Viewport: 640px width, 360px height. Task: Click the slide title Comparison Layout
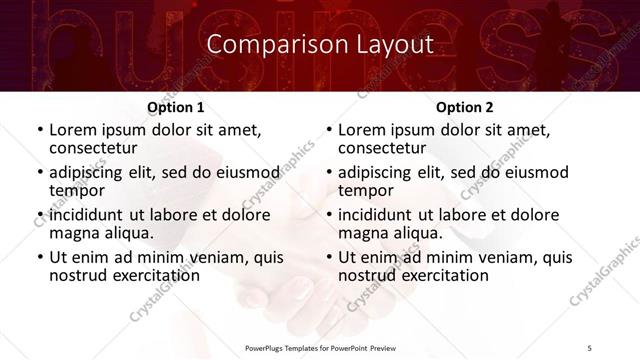[x=319, y=44]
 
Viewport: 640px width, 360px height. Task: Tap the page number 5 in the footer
[x=589, y=347]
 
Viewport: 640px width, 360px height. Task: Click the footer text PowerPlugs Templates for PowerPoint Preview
[x=320, y=347]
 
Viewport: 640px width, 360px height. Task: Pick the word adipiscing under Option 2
[x=381, y=172]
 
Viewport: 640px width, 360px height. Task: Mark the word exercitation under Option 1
[x=149, y=274]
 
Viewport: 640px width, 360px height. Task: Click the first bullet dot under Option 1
[x=40, y=131]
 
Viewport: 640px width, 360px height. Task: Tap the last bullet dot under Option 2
[x=329, y=258]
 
